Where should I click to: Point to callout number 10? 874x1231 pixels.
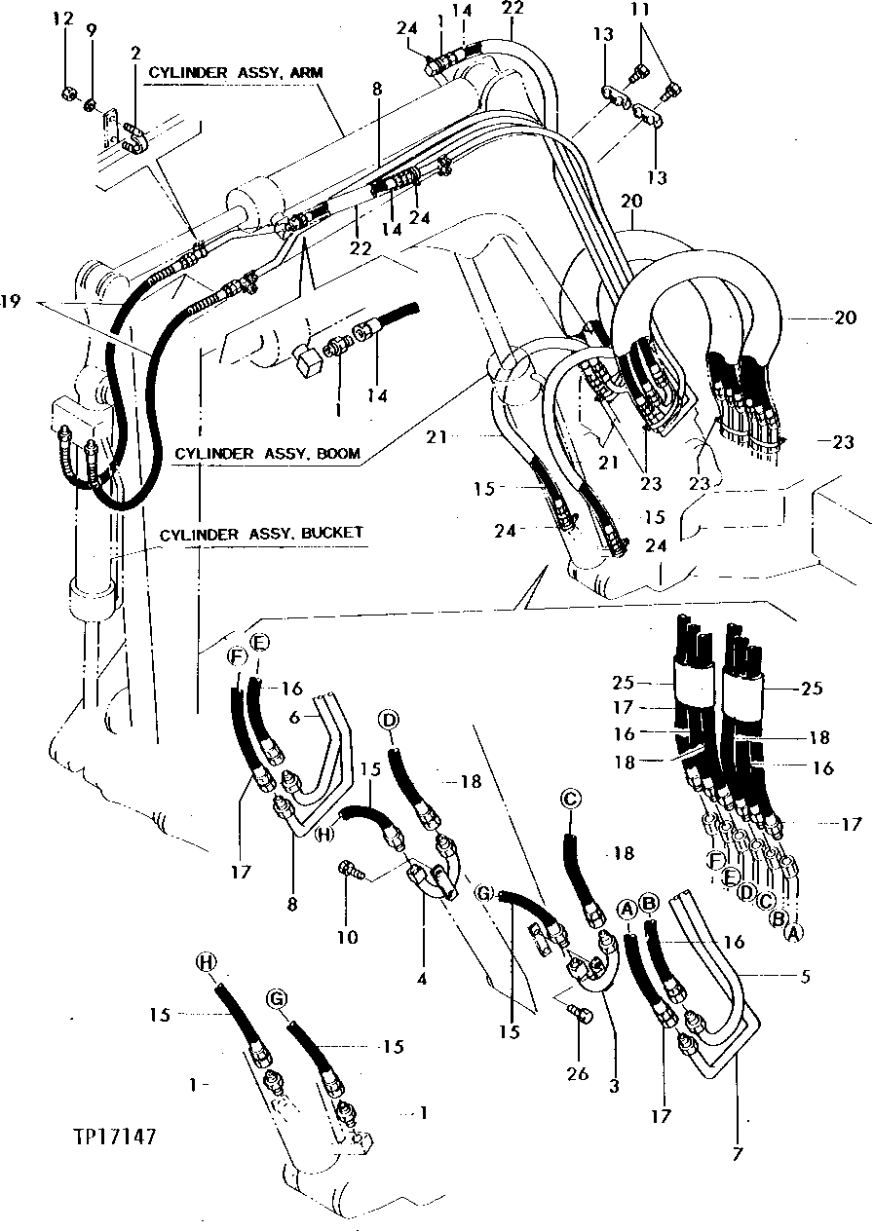tap(348, 938)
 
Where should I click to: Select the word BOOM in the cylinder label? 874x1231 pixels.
tap(338, 454)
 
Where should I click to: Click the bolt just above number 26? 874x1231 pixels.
tap(580, 1016)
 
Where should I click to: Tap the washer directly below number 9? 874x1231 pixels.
tap(90, 104)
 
